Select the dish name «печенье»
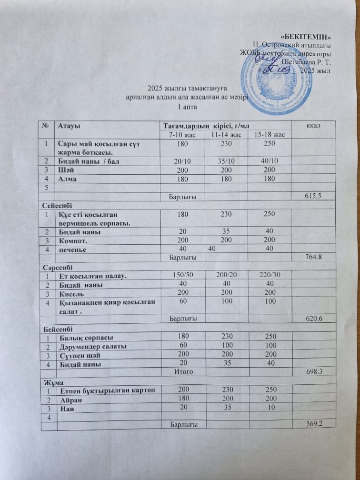(x=72, y=249)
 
